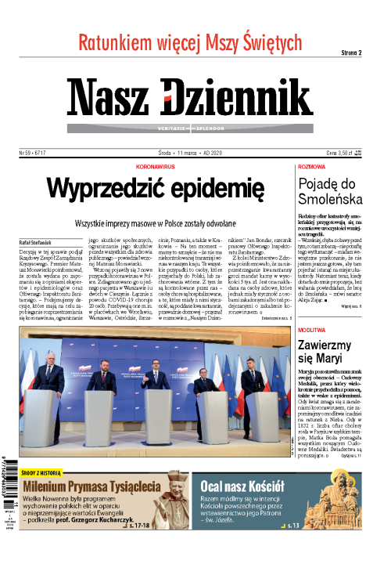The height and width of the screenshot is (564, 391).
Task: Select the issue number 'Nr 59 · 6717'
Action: point(34,153)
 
